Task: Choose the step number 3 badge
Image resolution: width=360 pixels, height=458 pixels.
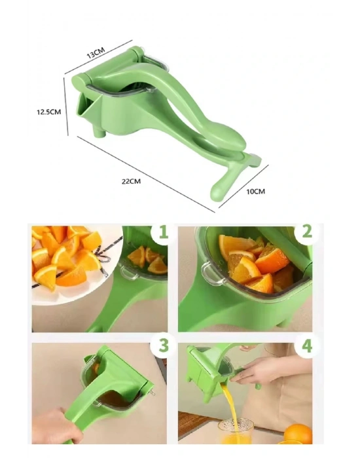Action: [163, 345]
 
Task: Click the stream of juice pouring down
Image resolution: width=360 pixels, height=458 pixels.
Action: [228, 402]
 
